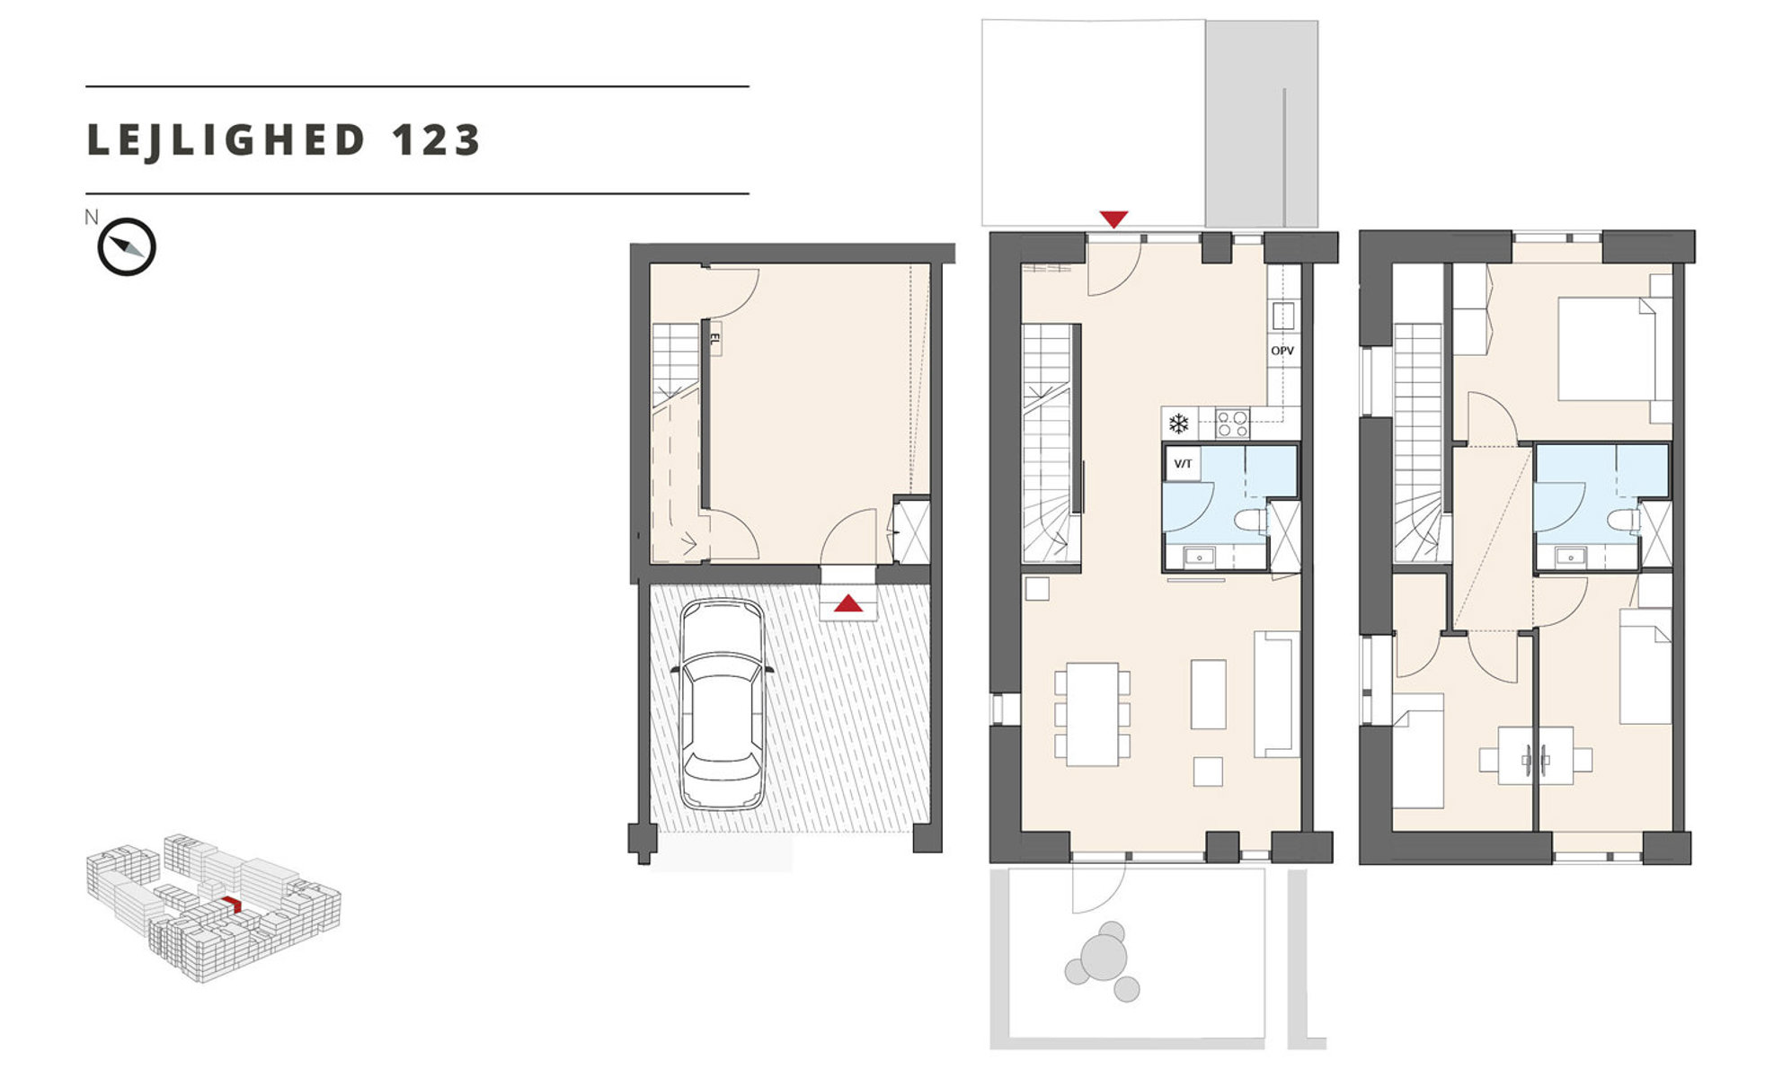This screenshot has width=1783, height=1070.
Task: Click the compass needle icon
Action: (127, 246)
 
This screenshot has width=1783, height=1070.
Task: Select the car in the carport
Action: (722, 705)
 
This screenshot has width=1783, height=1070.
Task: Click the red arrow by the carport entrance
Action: (848, 602)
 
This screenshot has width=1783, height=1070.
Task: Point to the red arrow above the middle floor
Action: (1113, 218)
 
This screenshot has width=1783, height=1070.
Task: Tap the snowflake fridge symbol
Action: (1178, 424)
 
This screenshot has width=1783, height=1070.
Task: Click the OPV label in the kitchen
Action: (1282, 351)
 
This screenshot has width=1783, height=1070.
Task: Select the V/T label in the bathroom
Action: (1183, 464)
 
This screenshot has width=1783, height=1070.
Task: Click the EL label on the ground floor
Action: (715, 339)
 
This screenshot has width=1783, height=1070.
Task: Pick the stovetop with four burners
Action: (1232, 424)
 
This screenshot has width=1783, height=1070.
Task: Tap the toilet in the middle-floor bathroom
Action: (1251, 522)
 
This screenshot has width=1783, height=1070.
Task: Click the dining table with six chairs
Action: (1092, 715)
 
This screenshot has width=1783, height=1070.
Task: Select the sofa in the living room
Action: (1276, 693)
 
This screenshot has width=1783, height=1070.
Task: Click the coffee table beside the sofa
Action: (1208, 694)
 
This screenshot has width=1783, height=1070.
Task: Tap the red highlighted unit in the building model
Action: (233, 904)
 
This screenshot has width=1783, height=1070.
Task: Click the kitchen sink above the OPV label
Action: (1282, 316)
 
